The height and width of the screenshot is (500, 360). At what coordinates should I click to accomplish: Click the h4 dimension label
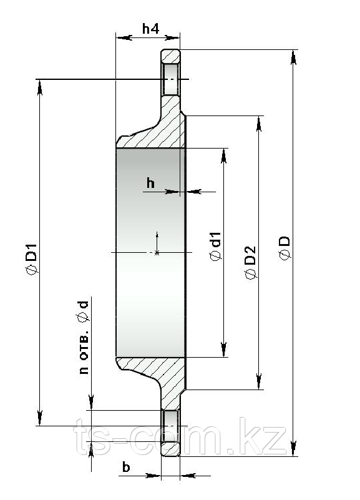coord(151,29)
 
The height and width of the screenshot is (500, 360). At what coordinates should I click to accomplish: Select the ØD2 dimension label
coord(251,262)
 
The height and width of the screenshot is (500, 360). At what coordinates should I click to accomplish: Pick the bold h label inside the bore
coord(151,184)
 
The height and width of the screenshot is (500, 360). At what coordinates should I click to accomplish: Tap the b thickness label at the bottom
coord(126,467)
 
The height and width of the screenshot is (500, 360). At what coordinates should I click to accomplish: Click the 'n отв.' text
coord(84,354)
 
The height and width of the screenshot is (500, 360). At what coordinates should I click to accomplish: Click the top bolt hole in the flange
coord(171,79)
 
